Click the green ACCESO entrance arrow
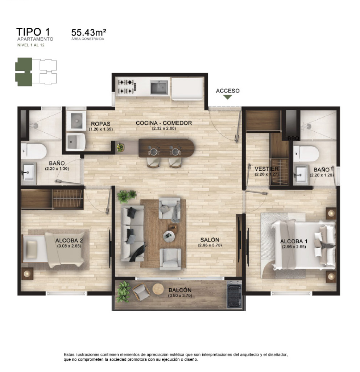click(227, 97)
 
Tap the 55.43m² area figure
click(88, 32)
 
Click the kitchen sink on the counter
click(159, 87)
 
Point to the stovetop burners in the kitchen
click(127, 86)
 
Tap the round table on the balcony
click(158, 289)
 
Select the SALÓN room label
click(210, 240)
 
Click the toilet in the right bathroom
click(306, 153)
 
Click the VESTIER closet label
click(266, 169)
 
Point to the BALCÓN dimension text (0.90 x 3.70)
click(180, 295)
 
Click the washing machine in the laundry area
click(76, 121)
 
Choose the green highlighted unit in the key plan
click(23, 72)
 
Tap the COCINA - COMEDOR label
click(164, 123)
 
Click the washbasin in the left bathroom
click(29, 171)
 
